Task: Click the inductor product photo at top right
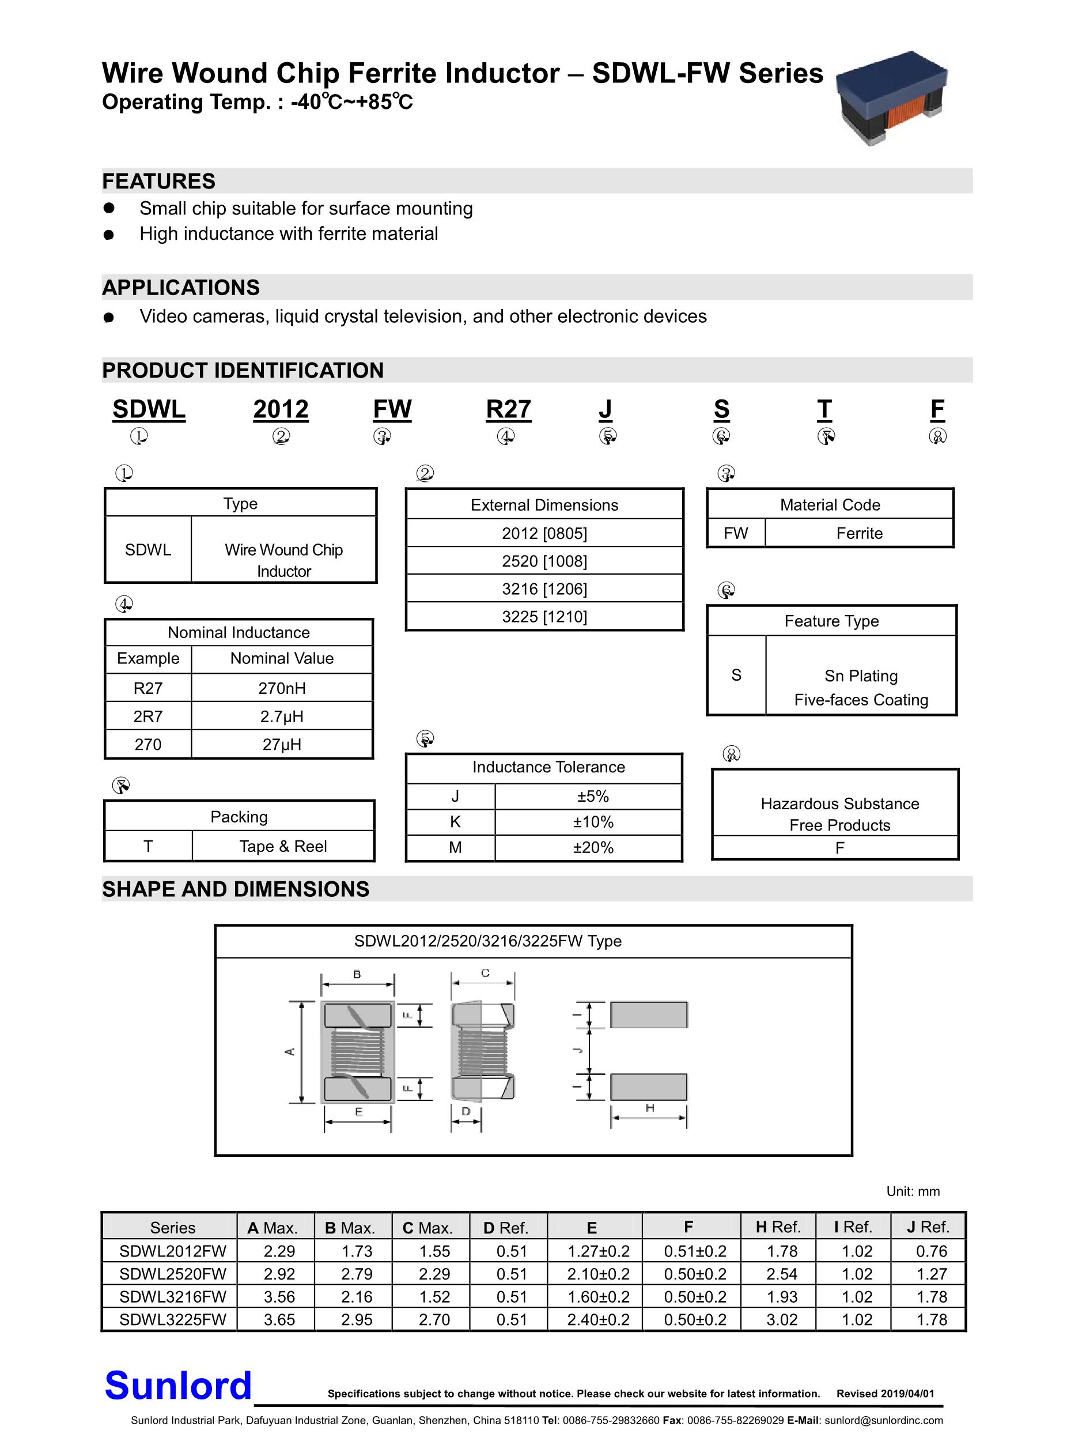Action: click(891, 97)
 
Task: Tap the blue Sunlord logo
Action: click(177, 1386)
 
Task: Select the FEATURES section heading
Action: click(159, 182)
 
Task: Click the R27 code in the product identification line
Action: click(508, 410)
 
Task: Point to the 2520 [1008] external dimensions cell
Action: click(544, 561)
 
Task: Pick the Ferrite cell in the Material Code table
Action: click(859, 534)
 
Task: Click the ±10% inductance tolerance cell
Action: click(593, 822)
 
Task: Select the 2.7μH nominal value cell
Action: click(282, 716)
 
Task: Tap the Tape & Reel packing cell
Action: click(283, 846)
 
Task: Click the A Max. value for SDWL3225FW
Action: click(279, 1319)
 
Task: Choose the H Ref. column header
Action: click(778, 1227)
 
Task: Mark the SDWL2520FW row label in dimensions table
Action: click(172, 1274)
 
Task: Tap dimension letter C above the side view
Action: click(485, 973)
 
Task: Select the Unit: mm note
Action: click(913, 1191)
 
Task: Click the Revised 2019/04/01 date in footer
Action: click(885, 1394)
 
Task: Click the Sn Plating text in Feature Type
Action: click(861, 676)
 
